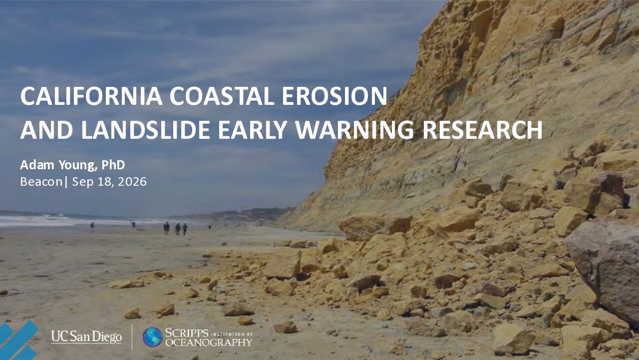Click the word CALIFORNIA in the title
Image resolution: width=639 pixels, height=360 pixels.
[x=91, y=96]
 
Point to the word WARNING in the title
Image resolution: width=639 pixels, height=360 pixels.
[x=354, y=130]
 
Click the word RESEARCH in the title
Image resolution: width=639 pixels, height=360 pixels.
[x=482, y=130]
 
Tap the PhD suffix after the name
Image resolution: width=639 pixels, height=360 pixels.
[x=113, y=165]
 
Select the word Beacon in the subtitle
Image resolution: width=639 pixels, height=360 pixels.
[x=41, y=182]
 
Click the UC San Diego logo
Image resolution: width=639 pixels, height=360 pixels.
[x=86, y=337]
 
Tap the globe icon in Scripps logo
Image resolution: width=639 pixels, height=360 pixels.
[x=153, y=337]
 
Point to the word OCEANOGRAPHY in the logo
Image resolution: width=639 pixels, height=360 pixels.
[x=209, y=343]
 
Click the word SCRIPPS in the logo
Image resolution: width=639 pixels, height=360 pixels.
[x=187, y=333]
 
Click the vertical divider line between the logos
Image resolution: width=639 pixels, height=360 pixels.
[x=132, y=337]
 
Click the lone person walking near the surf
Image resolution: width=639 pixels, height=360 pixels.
[x=92, y=227]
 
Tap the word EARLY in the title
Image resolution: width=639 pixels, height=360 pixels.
[x=253, y=130]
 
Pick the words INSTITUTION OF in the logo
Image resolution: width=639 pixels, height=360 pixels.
[x=232, y=334]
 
